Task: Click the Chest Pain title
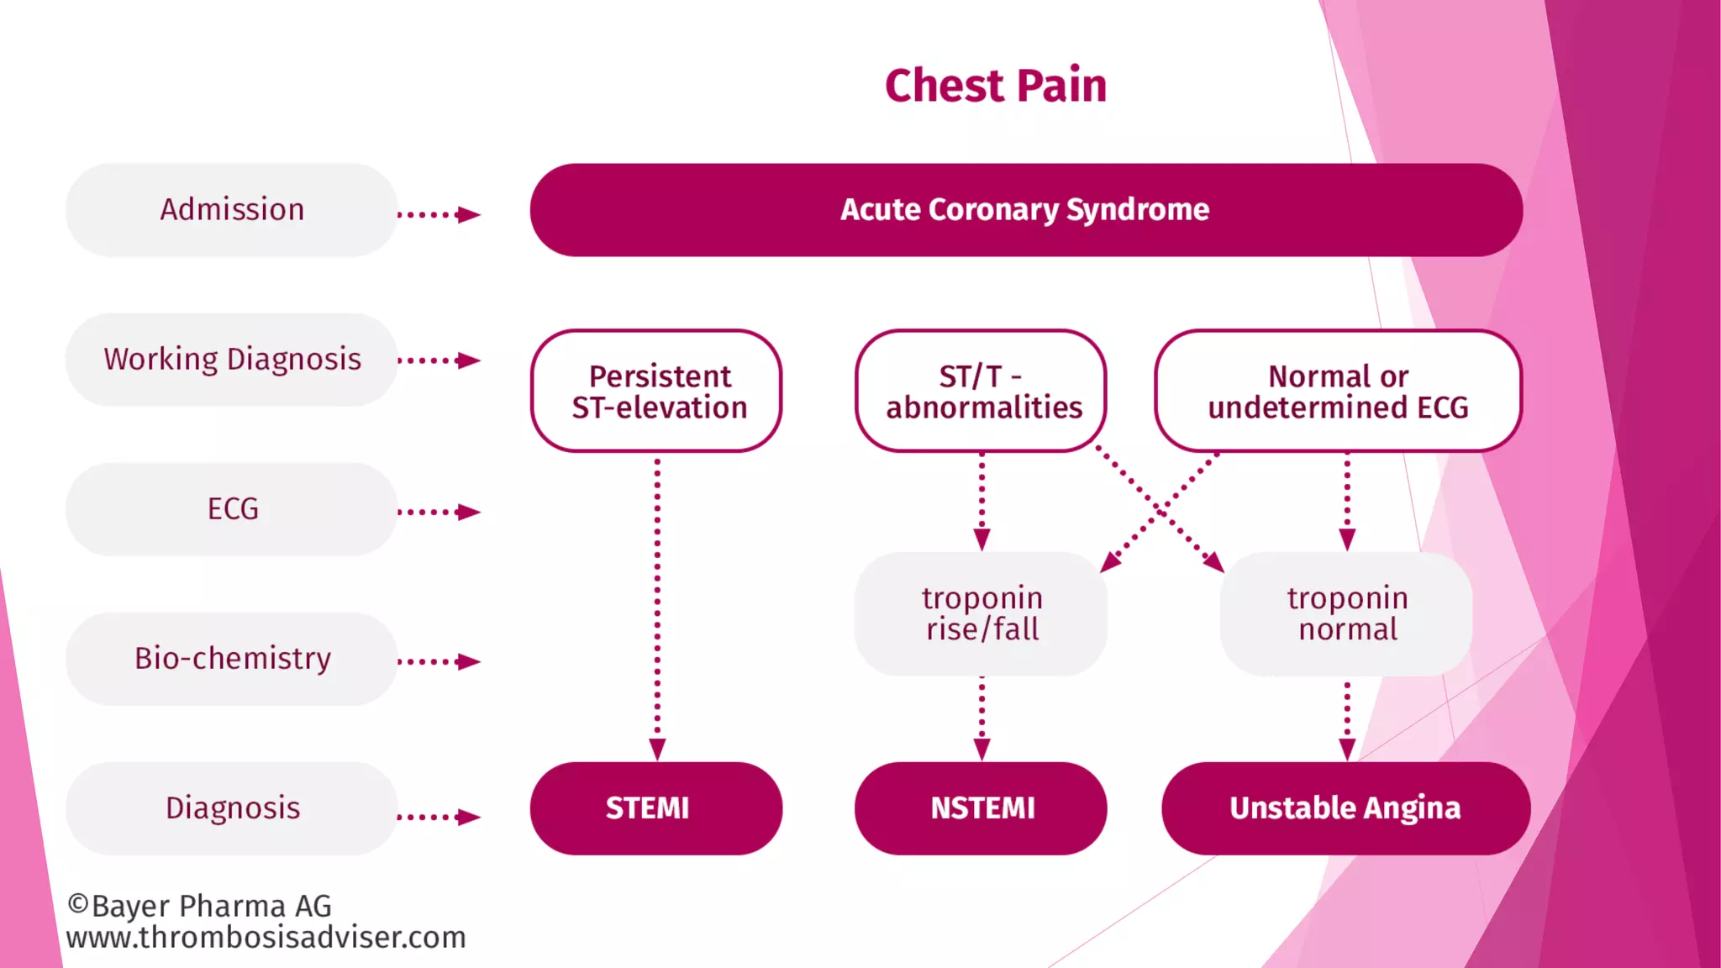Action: (x=996, y=86)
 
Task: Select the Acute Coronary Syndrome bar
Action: (x=1025, y=210)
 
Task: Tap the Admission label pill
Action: (x=232, y=210)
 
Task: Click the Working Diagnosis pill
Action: (x=232, y=360)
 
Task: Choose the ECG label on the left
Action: (x=232, y=509)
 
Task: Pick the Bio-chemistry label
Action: (x=232, y=659)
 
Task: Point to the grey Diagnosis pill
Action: (x=232, y=808)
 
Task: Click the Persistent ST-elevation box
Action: (x=657, y=392)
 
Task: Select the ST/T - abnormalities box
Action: (x=982, y=392)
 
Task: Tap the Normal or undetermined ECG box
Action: (x=1338, y=392)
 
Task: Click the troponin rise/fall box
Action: (x=982, y=614)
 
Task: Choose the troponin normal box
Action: (x=1346, y=614)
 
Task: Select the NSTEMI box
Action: (x=982, y=808)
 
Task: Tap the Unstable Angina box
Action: (x=1345, y=808)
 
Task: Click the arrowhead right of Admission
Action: (x=468, y=215)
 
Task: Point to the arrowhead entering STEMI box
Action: (x=657, y=749)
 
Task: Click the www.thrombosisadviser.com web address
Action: (x=266, y=938)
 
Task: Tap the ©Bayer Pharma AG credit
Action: (x=200, y=906)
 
